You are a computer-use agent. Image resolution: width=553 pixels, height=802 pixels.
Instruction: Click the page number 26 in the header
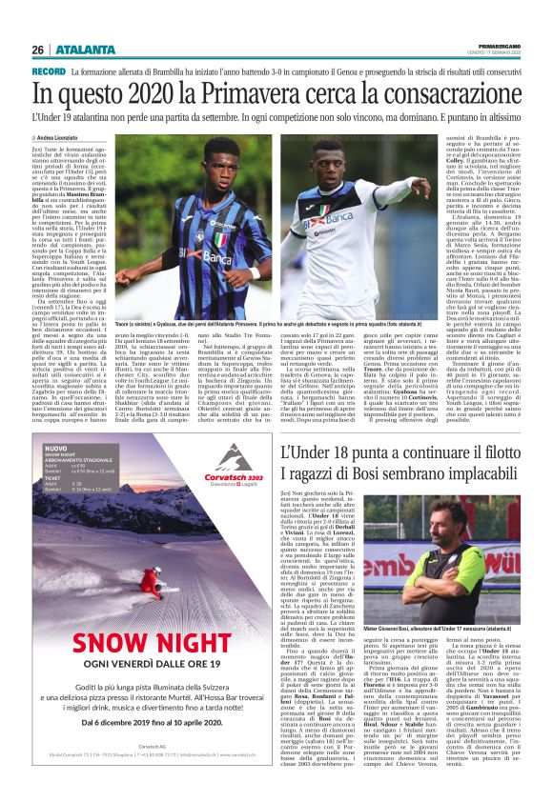37,50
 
